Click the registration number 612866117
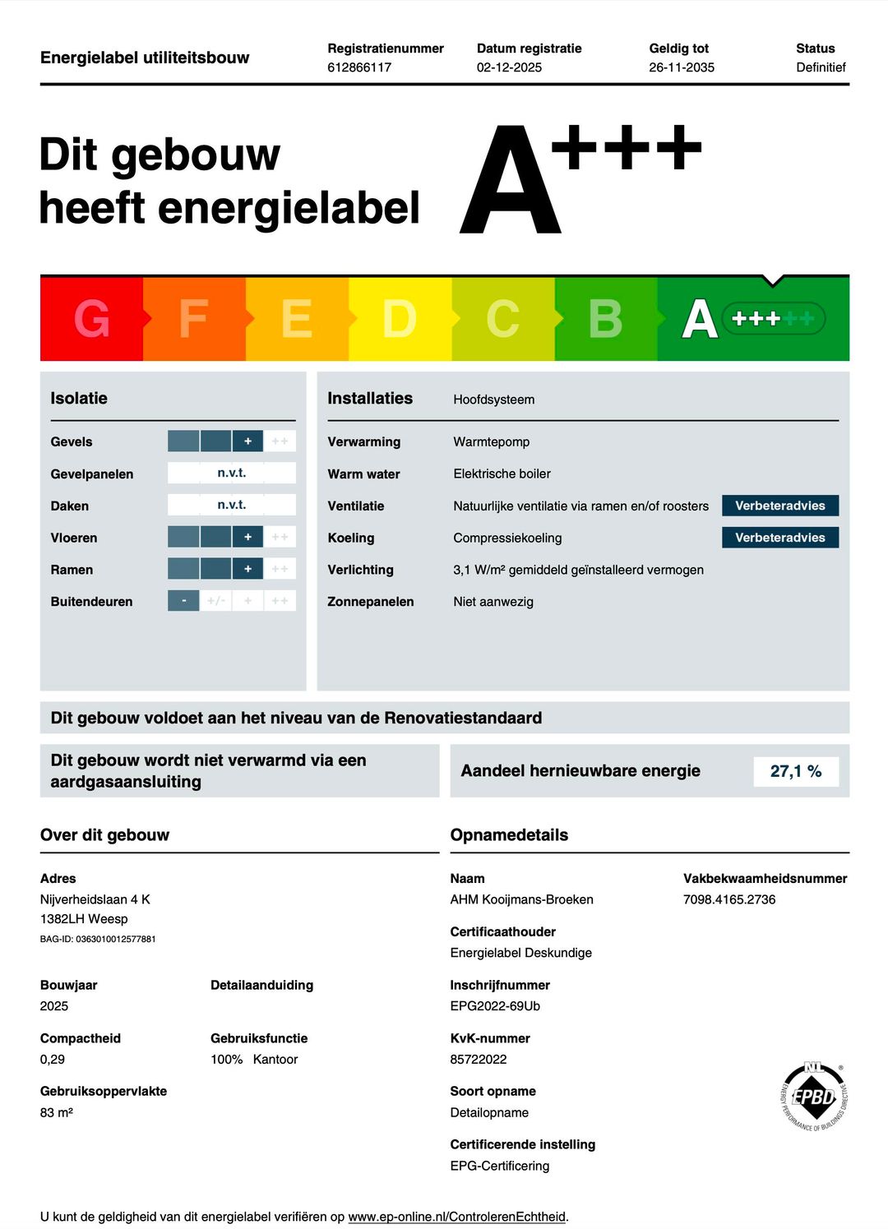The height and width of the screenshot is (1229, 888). tap(359, 67)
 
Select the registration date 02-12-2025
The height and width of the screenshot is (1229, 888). tap(509, 67)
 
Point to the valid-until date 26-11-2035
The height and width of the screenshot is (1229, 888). tap(682, 67)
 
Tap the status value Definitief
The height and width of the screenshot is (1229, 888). tap(821, 67)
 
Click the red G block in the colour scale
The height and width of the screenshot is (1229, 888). tap(91, 319)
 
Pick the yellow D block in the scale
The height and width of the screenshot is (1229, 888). tap(400, 319)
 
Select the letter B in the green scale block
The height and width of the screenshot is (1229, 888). tap(606, 319)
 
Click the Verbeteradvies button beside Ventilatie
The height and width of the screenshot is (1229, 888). tap(779, 506)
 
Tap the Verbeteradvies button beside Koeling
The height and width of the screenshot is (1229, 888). tap(779, 538)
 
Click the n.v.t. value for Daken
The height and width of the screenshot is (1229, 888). tap(232, 505)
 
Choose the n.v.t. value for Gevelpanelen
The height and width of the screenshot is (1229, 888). tap(232, 473)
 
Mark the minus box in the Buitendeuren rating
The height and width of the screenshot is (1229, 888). tap(184, 601)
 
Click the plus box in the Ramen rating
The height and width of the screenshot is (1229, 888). tap(247, 569)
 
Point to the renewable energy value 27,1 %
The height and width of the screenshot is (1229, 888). tap(796, 771)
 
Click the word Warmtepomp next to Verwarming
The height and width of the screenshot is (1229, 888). tap(492, 441)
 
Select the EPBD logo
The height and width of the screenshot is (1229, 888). tap(813, 1096)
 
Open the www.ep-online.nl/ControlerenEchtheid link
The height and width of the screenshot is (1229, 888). tap(456, 1217)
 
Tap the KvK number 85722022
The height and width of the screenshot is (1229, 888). tap(479, 1060)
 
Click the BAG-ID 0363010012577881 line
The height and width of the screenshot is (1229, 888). tap(98, 939)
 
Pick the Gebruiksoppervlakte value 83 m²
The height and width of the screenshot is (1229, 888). tap(57, 1112)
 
